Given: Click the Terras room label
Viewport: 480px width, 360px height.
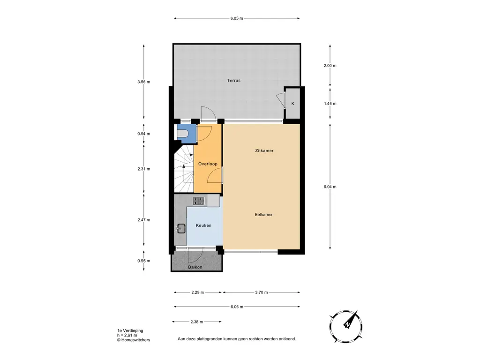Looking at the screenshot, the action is (x=233, y=81).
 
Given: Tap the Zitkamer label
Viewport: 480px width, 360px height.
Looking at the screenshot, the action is (x=264, y=150).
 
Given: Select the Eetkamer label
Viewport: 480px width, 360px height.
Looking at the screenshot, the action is (x=264, y=215).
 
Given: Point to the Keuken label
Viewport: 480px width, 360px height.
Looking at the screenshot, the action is (x=203, y=225).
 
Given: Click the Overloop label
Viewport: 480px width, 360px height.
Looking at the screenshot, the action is (x=208, y=164).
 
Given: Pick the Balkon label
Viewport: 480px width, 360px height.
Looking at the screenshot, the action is (x=195, y=267).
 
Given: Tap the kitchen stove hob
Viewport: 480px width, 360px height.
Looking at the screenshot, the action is (x=199, y=201).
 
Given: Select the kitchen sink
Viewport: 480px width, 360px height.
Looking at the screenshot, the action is (x=181, y=228).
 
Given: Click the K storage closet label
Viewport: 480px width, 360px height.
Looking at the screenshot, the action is (x=292, y=104).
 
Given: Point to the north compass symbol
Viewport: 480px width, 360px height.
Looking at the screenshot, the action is (x=346, y=326).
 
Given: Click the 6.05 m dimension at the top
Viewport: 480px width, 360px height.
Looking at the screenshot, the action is (x=237, y=18).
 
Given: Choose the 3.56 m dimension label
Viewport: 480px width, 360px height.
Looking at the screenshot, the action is (x=144, y=82).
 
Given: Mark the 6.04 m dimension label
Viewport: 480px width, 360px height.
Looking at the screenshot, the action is (x=330, y=187).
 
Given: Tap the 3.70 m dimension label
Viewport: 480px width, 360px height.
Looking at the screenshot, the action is (x=262, y=292).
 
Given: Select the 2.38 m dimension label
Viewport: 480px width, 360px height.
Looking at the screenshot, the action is (x=196, y=322).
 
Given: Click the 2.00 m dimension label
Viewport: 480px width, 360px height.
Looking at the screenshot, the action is (x=330, y=66).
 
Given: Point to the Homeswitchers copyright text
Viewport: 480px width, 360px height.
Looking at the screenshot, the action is (x=134, y=340).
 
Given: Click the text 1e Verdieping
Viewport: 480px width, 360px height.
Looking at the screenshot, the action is (x=130, y=330).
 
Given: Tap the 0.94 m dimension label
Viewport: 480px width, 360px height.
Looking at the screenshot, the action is (x=144, y=134).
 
